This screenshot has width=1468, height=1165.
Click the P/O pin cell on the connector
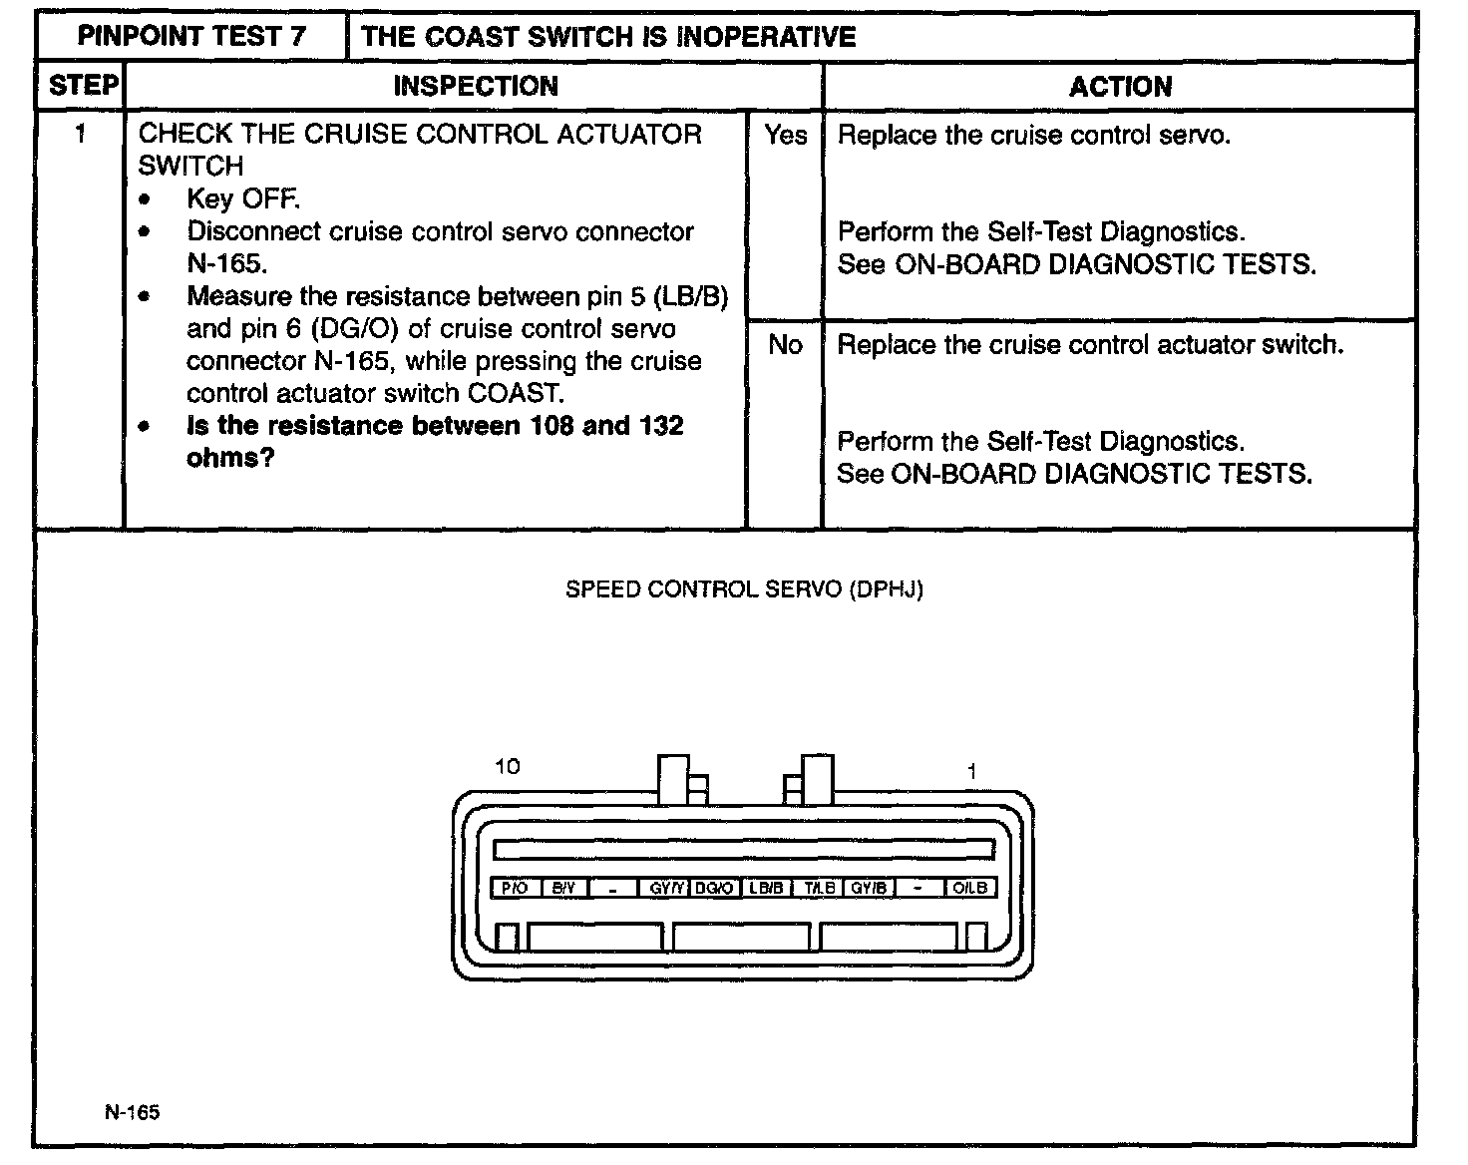click(515, 888)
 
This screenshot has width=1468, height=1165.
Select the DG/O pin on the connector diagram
click(715, 888)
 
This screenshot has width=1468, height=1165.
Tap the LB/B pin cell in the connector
click(766, 888)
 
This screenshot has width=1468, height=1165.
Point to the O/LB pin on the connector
click(970, 888)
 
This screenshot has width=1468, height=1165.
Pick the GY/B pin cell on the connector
click(869, 888)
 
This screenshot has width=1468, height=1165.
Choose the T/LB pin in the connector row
click(819, 888)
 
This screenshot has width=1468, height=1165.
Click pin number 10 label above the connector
click(508, 766)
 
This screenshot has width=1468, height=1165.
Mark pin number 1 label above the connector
click(971, 771)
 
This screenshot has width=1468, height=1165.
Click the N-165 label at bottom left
click(132, 1112)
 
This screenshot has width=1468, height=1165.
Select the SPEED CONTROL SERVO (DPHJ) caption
click(744, 589)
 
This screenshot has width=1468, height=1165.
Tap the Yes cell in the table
click(786, 135)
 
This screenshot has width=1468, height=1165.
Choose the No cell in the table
click(785, 345)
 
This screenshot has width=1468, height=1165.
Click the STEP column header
click(82, 86)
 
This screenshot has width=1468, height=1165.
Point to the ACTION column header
click(1120, 87)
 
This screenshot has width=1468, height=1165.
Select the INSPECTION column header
click(476, 86)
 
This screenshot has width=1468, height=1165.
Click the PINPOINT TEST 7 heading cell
click(192, 37)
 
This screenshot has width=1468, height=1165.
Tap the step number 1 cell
click(81, 134)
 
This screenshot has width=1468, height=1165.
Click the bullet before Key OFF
click(147, 199)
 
